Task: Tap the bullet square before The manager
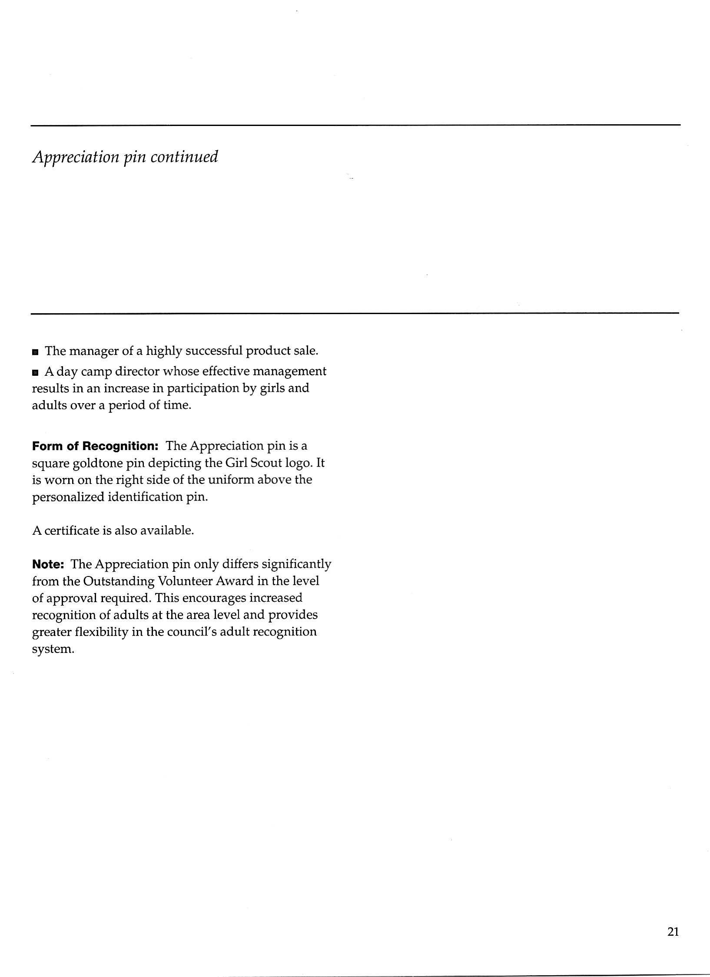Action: pos(35,351)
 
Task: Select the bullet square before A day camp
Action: pos(35,372)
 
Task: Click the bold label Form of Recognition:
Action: pos(94,446)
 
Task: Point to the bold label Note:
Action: pos(48,564)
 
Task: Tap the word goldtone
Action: pos(97,463)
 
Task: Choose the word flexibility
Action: pos(101,632)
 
